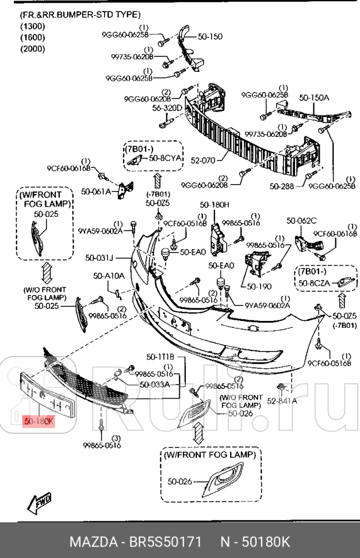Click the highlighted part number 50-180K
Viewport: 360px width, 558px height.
[39, 422]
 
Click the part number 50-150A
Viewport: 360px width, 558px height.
[314, 98]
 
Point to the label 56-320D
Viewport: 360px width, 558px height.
[167, 108]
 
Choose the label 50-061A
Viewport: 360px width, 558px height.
[95, 191]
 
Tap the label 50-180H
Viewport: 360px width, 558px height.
[215, 205]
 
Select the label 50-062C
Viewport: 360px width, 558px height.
[302, 220]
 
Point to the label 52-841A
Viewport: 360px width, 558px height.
[282, 401]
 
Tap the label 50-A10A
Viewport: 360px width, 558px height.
[109, 276]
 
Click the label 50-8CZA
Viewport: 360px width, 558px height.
[314, 283]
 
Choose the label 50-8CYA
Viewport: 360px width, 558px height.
[165, 157]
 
